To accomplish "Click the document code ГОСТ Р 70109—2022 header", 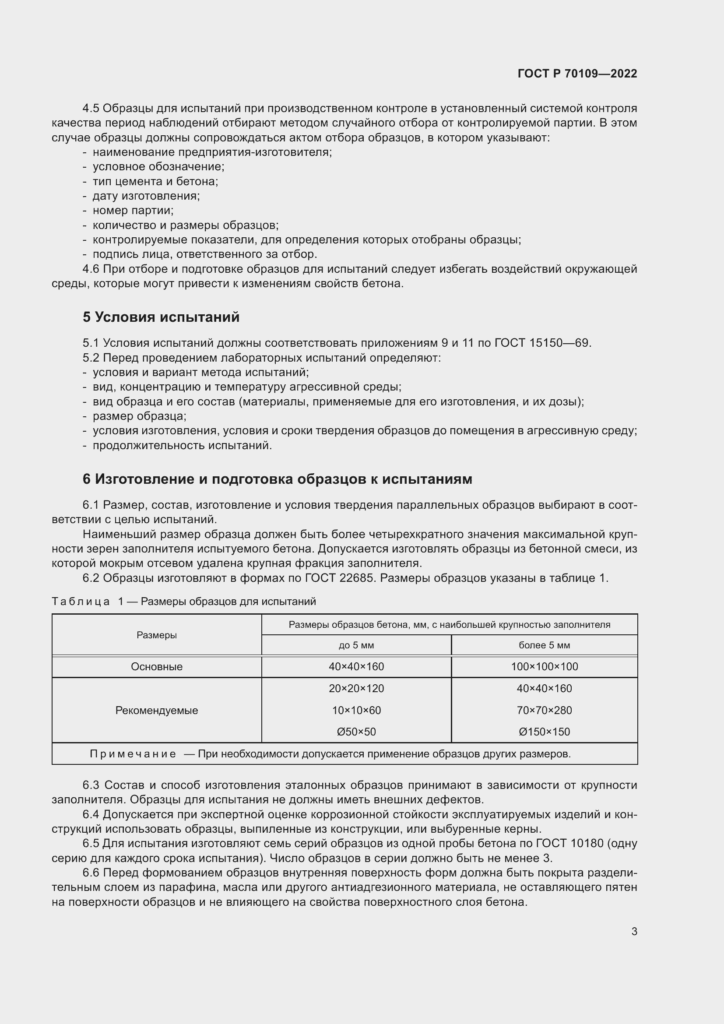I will (577, 74).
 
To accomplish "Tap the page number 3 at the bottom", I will (634, 931).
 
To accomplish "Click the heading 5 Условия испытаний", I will (161, 317).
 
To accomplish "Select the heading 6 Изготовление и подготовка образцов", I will (277, 479).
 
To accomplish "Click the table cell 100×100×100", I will (544, 667).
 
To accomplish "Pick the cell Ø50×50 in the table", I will (356, 732).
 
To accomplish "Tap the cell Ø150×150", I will (544, 732).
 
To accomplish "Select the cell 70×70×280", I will (544, 710).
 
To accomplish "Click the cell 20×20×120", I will (356, 688).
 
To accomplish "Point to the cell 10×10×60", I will (356, 710).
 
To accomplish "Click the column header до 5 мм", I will (356, 645).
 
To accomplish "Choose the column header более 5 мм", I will (544, 645).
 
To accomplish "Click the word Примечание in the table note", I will (133, 754).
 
